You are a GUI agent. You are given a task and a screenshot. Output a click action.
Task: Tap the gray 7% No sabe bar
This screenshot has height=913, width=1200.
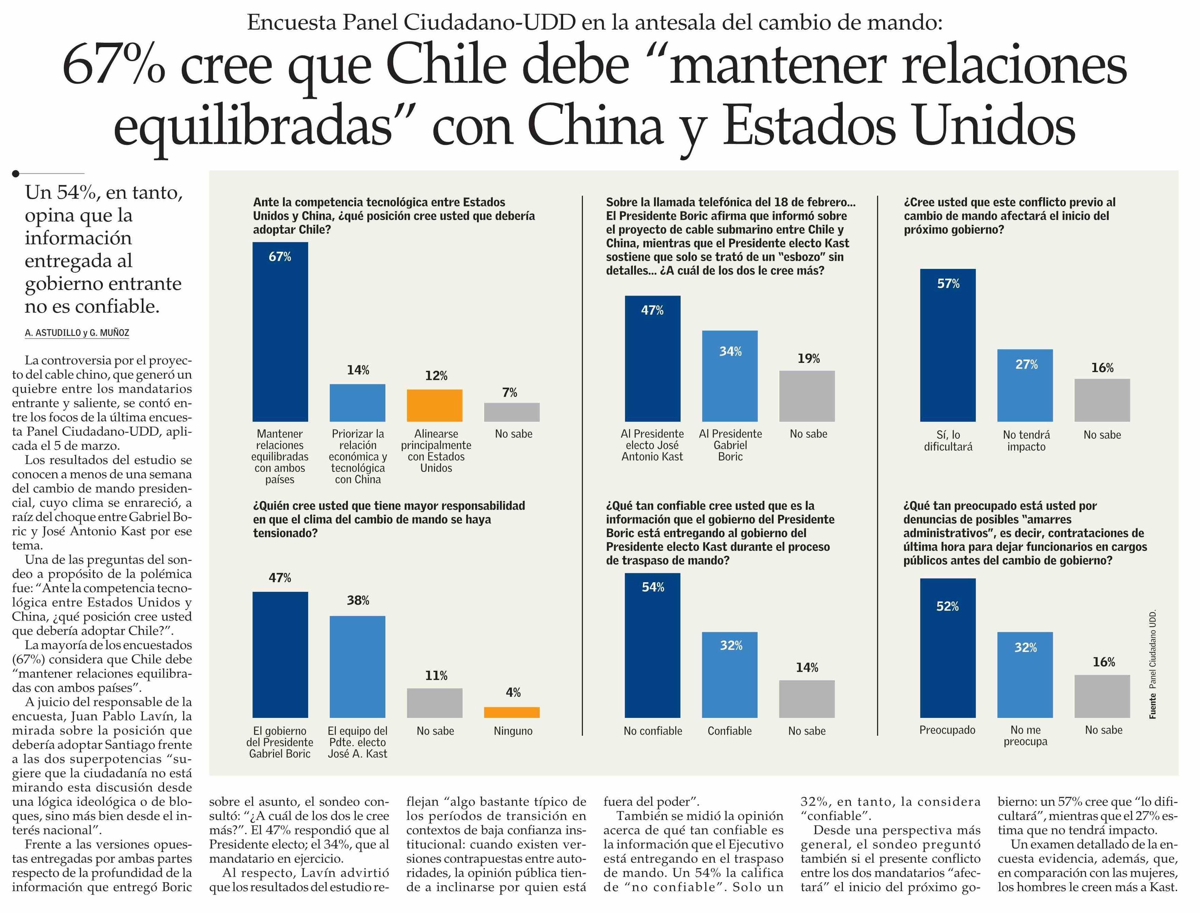point(512,412)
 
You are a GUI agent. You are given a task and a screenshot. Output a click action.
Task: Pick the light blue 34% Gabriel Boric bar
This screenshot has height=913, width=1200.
point(730,376)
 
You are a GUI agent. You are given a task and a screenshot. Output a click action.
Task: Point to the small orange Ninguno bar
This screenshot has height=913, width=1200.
point(512,712)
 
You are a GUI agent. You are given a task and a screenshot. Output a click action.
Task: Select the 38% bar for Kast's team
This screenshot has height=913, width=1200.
point(358,667)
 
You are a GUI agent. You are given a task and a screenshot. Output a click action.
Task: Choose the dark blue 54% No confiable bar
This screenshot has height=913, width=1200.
point(652,645)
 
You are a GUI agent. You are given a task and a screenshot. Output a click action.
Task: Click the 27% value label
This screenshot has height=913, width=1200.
point(1026,365)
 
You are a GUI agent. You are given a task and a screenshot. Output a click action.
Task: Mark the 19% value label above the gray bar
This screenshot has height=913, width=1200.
point(808,359)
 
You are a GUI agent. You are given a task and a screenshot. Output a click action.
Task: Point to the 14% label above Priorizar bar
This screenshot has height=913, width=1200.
point(358,370)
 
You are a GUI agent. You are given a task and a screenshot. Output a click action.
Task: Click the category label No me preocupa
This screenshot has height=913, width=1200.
point(1025,736)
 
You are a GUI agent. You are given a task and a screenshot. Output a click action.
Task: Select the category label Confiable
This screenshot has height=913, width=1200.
point(729,731)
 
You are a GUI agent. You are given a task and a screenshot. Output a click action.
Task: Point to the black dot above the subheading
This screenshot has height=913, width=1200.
point(16,174)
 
